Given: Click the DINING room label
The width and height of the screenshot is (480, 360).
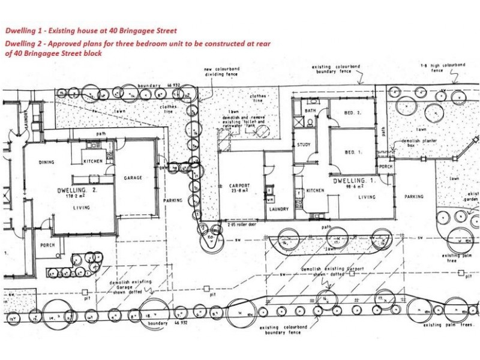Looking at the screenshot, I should pyautogui.click(x=47, y=162).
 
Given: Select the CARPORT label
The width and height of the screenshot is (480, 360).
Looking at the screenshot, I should pyautogui.click(x=239, y=185).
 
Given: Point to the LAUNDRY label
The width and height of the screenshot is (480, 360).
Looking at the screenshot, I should pyautogui.click(x=278, y=209).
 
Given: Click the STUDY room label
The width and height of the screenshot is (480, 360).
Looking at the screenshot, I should pyautogui.click(x=303, y=145).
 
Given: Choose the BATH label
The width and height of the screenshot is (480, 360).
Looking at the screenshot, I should pyautogui.click(x=310, y=111).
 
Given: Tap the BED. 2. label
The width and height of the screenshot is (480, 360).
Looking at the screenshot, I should pyautogui.click(x=352, y=113).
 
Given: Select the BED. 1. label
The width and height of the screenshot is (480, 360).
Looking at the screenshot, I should pyautogui.click(x=353, y=152).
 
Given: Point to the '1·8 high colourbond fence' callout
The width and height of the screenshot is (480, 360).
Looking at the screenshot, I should pyautogui.click(x=443, y=67).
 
